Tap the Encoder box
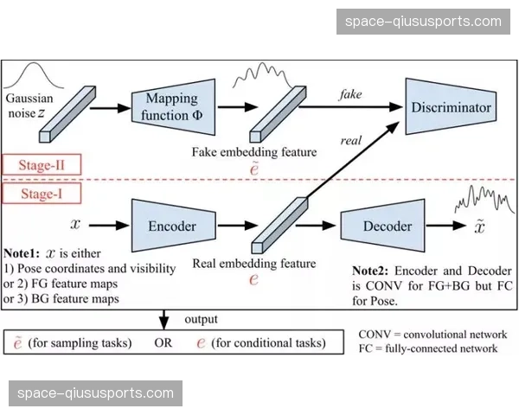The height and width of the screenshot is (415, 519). point(172,227)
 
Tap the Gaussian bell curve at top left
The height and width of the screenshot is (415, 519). point(41,76)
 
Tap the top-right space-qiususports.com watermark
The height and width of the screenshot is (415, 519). point(423,22)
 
